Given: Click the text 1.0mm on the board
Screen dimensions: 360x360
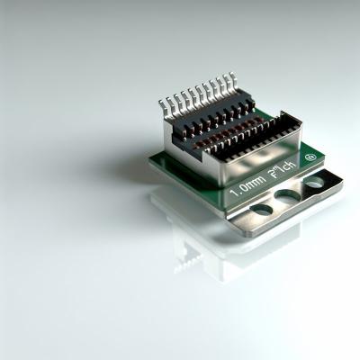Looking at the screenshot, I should [247, 187].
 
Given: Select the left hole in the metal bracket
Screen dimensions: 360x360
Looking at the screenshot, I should [261, 210].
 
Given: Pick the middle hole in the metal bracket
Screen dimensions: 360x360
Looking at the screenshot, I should [288, 195].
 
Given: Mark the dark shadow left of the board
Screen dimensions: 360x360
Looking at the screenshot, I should [126, 166].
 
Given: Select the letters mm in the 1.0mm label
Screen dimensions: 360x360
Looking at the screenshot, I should [256, 183].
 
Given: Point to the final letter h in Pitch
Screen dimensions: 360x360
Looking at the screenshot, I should [294, 165].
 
